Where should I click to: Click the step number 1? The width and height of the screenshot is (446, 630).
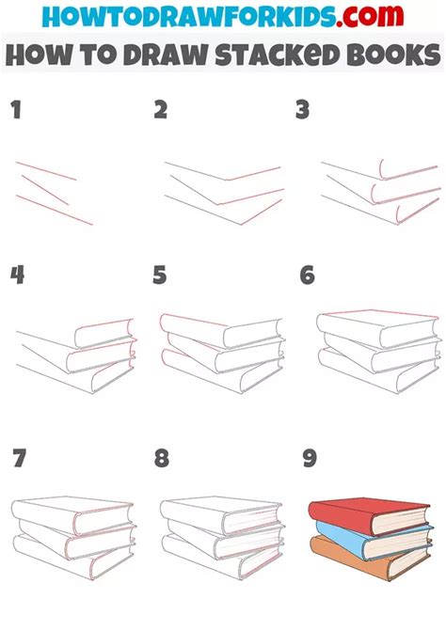point(15,111)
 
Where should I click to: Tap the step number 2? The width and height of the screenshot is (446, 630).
point(161,111)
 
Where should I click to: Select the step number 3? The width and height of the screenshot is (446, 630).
point(302,111)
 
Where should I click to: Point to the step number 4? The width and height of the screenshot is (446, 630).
point(17,275)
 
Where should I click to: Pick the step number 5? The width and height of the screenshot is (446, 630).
point(161,275)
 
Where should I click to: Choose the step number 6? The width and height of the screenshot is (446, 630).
point(307,275)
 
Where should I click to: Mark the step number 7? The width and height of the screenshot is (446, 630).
point(19,459)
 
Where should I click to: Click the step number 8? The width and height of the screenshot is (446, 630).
point(162,459)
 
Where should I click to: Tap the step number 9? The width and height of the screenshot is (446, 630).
point(310,459)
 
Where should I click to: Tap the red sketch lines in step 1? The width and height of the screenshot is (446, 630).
point(53,192)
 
